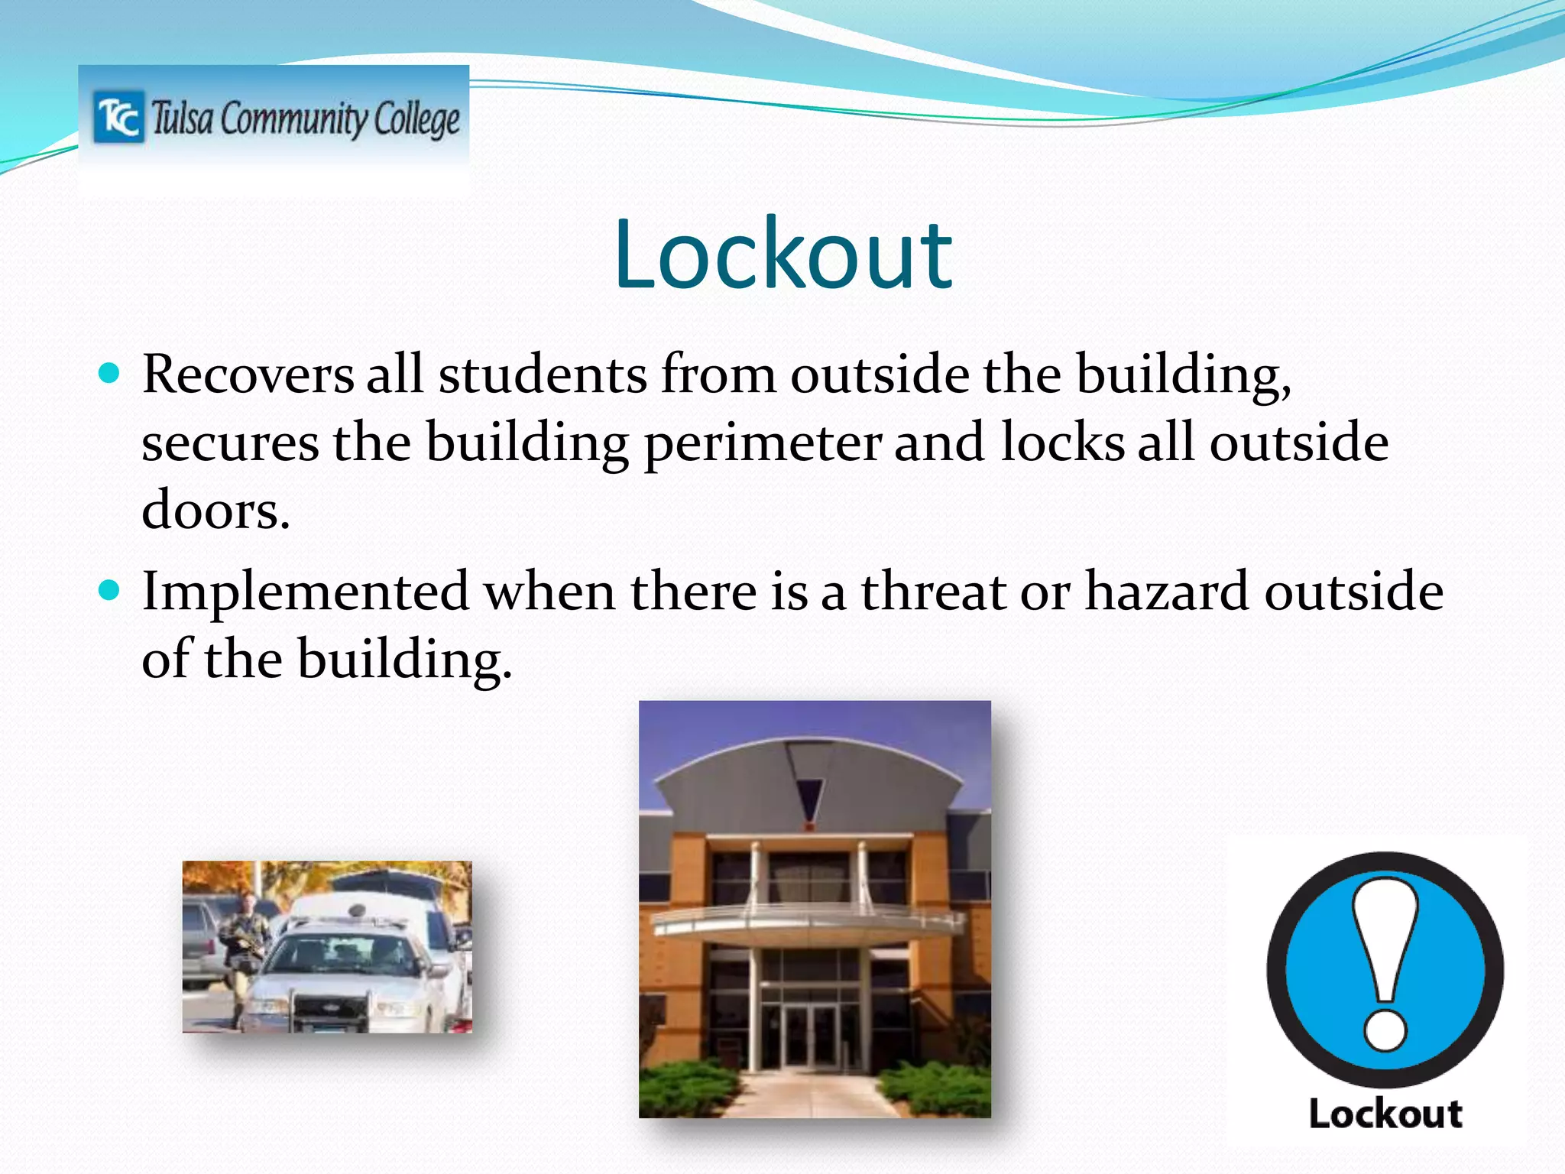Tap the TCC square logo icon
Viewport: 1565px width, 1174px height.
tap(118, 118)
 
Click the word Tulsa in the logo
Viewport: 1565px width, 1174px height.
tap(182, 118)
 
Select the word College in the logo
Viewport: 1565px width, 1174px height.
tap(416, 120)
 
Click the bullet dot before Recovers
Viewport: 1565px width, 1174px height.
tap(110, 373)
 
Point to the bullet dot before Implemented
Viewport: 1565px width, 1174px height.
tap(110, 591)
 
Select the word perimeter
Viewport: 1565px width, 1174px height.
tap(763, 443)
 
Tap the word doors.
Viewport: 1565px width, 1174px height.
tap(215, 511)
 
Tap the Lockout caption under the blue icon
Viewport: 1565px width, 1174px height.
tap(1385, 1114)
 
